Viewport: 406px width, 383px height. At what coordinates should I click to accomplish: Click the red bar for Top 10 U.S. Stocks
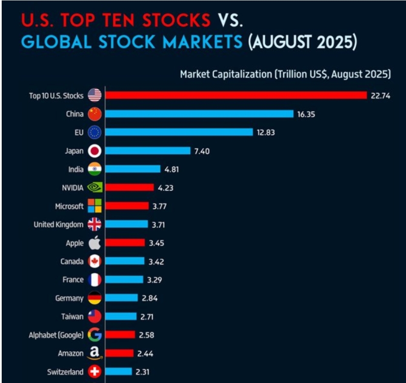(x=236, y=95)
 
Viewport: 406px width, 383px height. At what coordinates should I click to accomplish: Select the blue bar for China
(x=199, y=114)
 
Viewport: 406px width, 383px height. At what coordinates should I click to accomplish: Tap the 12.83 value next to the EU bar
(x=266, y=132)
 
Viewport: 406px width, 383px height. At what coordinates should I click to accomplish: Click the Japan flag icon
(x=94, y=151)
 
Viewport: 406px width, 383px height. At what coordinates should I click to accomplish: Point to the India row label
(x=76, y=169)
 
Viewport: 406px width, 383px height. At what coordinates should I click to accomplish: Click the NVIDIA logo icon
(x=94, y=188)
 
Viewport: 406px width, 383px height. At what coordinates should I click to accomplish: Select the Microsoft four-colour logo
(x=94, y=206)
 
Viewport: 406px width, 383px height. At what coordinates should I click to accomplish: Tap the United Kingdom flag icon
(x=94, y=225)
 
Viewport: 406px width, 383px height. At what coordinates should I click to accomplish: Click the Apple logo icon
(x=94, y=243)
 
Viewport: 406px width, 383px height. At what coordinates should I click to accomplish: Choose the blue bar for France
(x=124, y=280)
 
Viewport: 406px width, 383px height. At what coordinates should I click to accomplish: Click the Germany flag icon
(x=94, y=298)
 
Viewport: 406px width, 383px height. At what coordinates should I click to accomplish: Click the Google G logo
(x=94, y=335)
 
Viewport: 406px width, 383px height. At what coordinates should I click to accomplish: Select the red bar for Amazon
(x=119, y=353)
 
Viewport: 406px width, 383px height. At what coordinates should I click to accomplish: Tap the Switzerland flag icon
(x=94, y=372)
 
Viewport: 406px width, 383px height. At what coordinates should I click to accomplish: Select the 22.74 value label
(x=380, y=96)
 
